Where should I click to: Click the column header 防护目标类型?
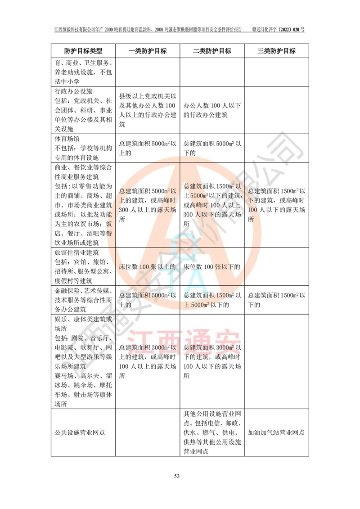tap(83, 51)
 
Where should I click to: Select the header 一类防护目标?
tap(148, 51)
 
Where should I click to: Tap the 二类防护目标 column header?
tap(212, 51)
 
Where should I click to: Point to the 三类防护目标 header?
tap(276, 51)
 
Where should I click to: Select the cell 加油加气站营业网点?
tap(276, 432)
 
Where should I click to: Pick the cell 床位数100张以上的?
tap(147, 267)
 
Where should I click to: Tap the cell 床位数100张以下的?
tap(211, 267)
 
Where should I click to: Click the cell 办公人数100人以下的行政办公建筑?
tap(212, 111)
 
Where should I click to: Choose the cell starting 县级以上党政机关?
tap(148, 111)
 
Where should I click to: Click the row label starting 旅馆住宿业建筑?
tap(83, 267)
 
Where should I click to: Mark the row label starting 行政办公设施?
tap(83, 111)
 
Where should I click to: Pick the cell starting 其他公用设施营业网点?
tap(212, 432)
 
